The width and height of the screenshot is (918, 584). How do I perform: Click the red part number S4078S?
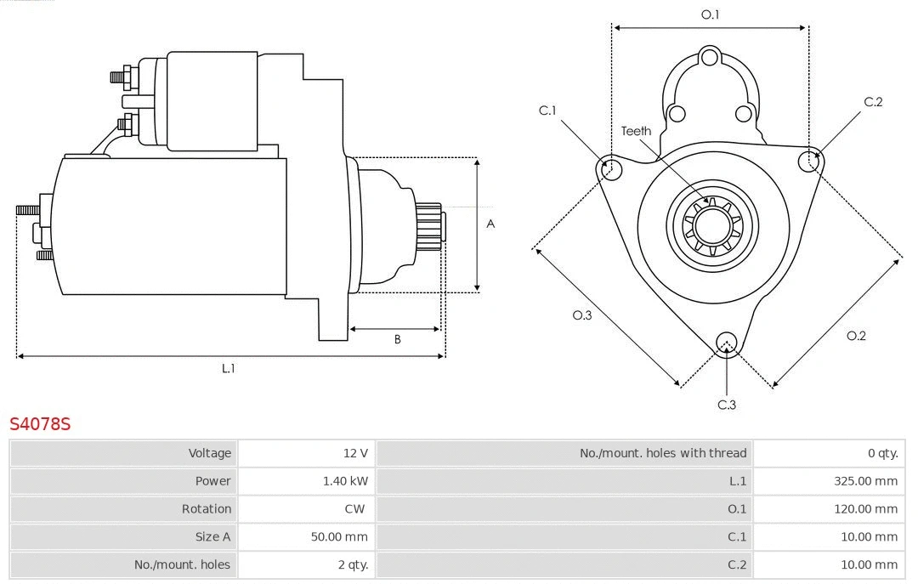click(x=40, y=423)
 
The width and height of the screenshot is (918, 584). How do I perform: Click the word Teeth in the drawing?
click(x=636, y=131)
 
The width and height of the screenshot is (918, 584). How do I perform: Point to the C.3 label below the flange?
click(x=727, y=405)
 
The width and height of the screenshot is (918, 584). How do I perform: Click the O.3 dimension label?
click(x=581, y=315)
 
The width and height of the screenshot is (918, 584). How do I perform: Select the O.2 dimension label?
click(x=856, y=336)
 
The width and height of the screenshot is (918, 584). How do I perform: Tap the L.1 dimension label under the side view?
click(x=228, y=368)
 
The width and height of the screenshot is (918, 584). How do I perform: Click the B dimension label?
click(x=397, y=339)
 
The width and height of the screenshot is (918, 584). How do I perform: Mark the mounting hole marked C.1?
click(x=610, y=169)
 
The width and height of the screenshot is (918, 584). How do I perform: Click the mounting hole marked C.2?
click(x=810, y=162)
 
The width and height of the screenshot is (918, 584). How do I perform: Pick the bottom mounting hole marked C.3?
click(x=726, y=343)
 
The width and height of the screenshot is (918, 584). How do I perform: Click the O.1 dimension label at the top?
click(x=710, y=14)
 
